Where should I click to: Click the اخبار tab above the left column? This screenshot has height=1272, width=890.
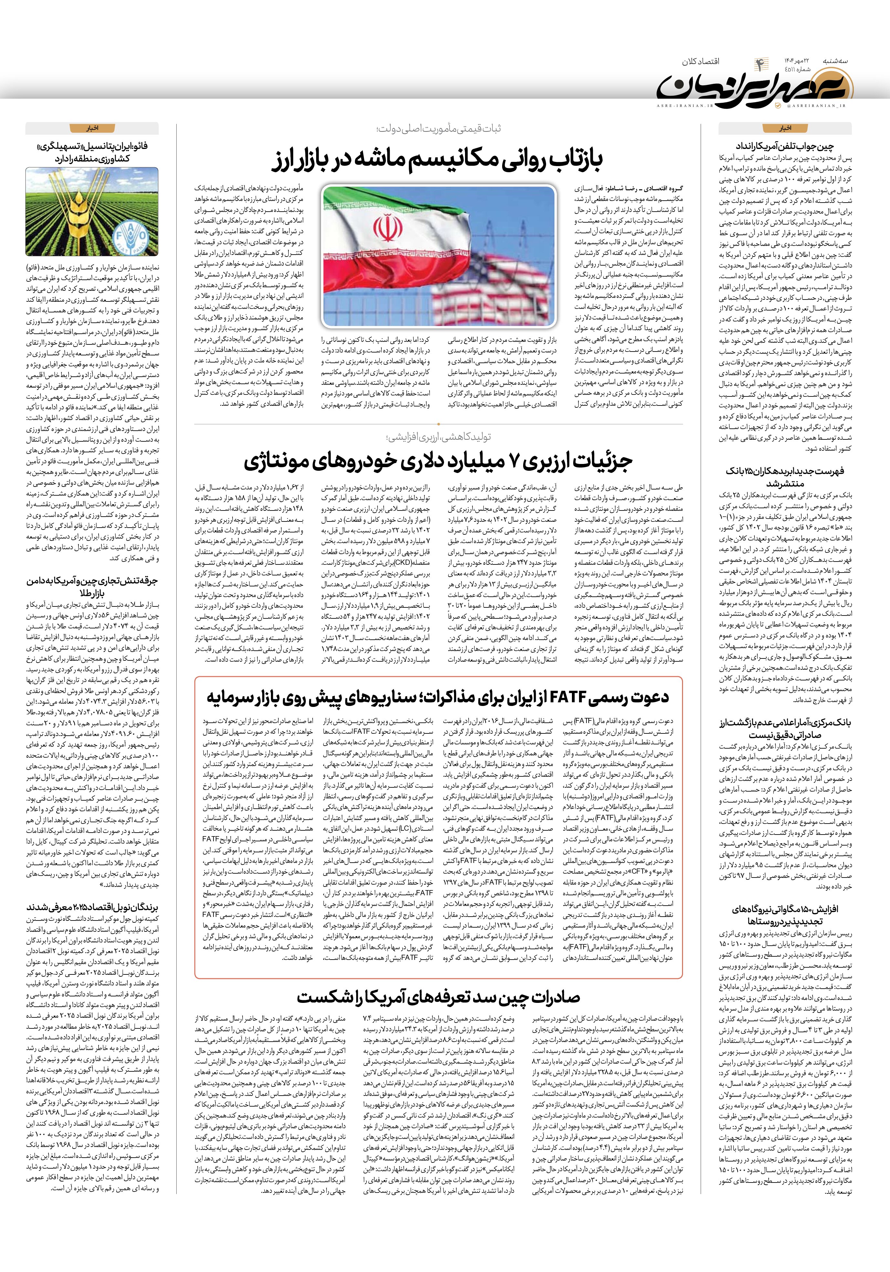[x=92, y=128]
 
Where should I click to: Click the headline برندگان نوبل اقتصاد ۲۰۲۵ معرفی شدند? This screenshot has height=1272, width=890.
[x=92, y=908]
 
